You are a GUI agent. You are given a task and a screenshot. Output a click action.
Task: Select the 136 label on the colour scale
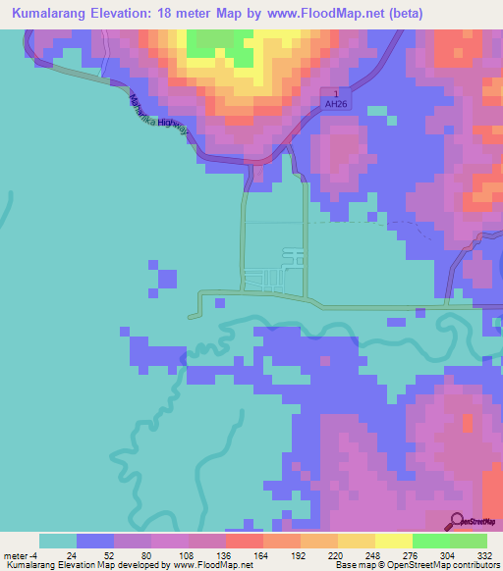[225, 555]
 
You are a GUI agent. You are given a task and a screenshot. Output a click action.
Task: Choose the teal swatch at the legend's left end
[58, 541]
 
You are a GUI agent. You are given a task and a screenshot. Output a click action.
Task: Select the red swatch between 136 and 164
[244, 541]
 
